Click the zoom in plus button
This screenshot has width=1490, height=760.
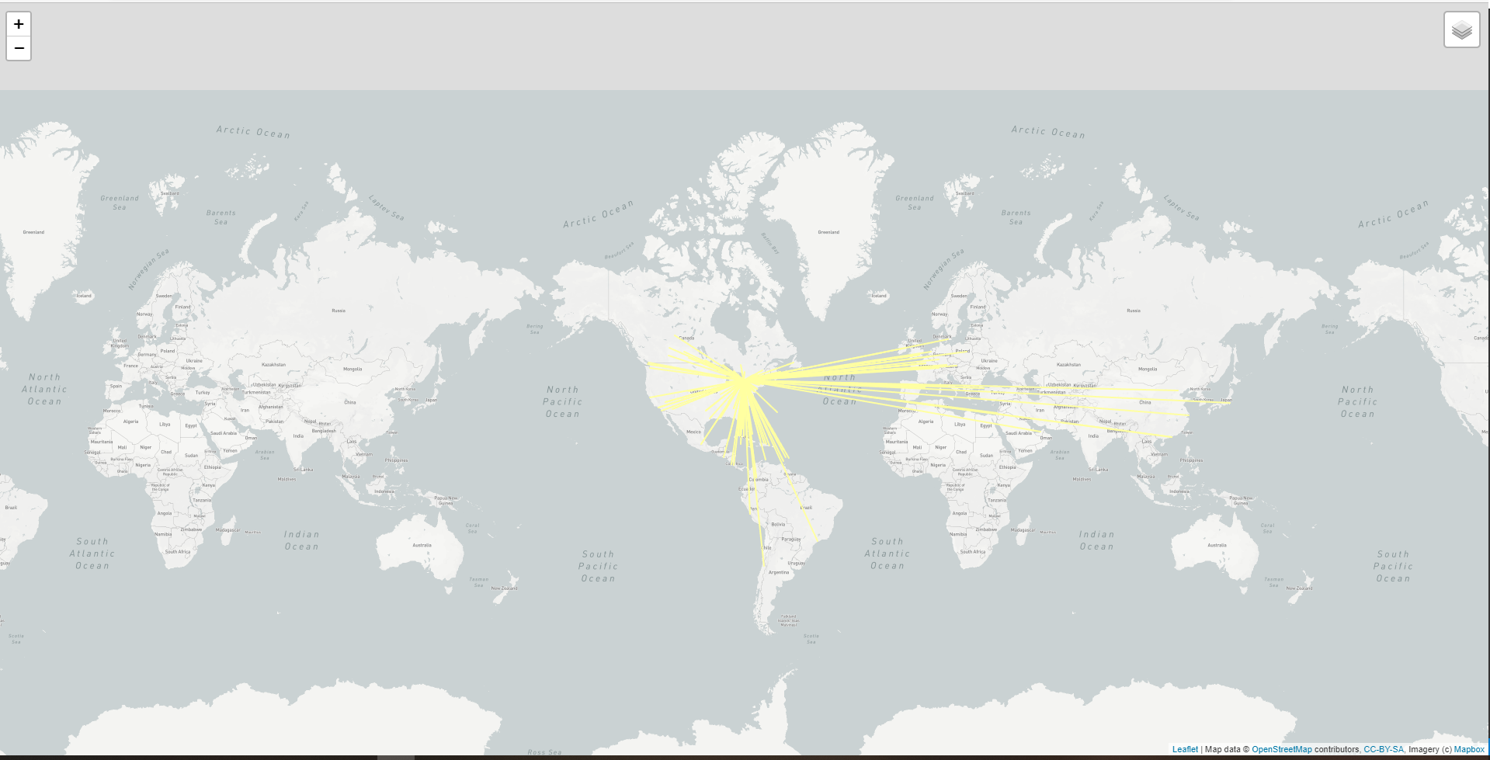coord(19,24)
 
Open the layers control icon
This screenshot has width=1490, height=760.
coord(1461,30)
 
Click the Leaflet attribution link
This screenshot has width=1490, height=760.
coord(1185,749)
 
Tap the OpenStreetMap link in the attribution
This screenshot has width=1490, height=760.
coord(1281,749)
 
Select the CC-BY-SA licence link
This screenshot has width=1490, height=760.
coord(1384,749)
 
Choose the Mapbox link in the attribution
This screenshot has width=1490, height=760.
coord(1469,749)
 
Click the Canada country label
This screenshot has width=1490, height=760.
coord(686,338)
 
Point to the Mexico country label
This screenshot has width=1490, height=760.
coord(693,432)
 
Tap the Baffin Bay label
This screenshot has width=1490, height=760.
coord(769,244)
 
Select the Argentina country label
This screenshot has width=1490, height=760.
coord(778,572)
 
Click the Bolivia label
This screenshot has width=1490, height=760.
coord(778,524)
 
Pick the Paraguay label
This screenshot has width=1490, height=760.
coord(791,539)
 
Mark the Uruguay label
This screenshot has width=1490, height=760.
coord(796,563)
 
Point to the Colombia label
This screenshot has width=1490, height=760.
coord(759,480)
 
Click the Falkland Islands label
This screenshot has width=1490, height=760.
coord(788,619)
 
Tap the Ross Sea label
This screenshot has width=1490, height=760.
coord(544,751)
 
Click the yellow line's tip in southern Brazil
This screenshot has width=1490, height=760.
coord(815,538)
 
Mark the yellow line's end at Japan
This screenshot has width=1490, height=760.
coord(1230,402)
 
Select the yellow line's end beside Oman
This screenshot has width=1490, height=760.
coord(1040,432)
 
